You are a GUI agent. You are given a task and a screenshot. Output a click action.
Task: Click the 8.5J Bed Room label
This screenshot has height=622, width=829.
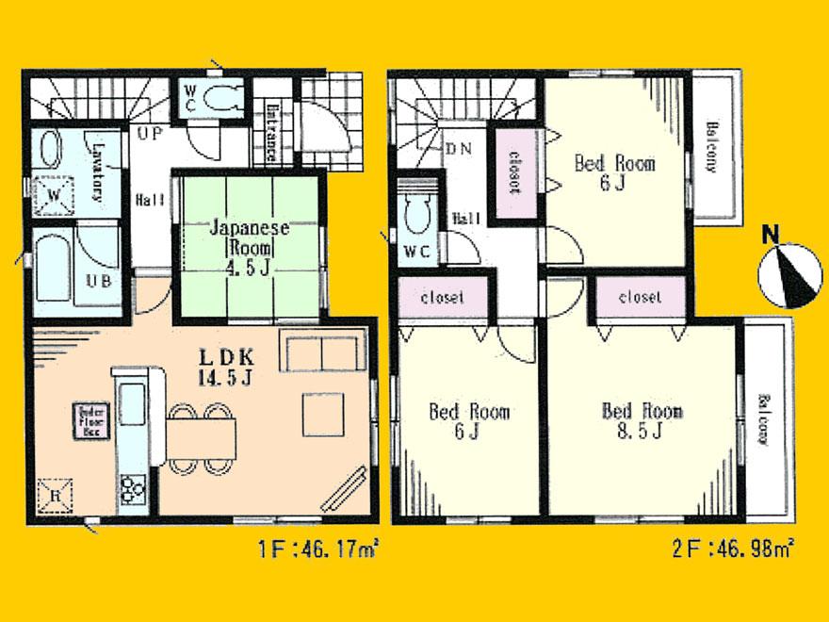642,421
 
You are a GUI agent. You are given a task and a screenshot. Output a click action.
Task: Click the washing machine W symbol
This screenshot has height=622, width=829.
53,195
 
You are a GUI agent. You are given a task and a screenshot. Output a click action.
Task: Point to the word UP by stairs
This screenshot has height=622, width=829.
149,135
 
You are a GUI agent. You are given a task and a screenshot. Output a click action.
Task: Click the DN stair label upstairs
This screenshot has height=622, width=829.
459,148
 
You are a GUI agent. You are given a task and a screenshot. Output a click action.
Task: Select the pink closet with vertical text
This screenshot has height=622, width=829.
514,171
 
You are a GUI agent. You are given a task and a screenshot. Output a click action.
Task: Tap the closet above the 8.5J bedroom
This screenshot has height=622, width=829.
640,297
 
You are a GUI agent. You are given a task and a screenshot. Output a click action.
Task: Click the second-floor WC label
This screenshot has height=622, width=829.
417,252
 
